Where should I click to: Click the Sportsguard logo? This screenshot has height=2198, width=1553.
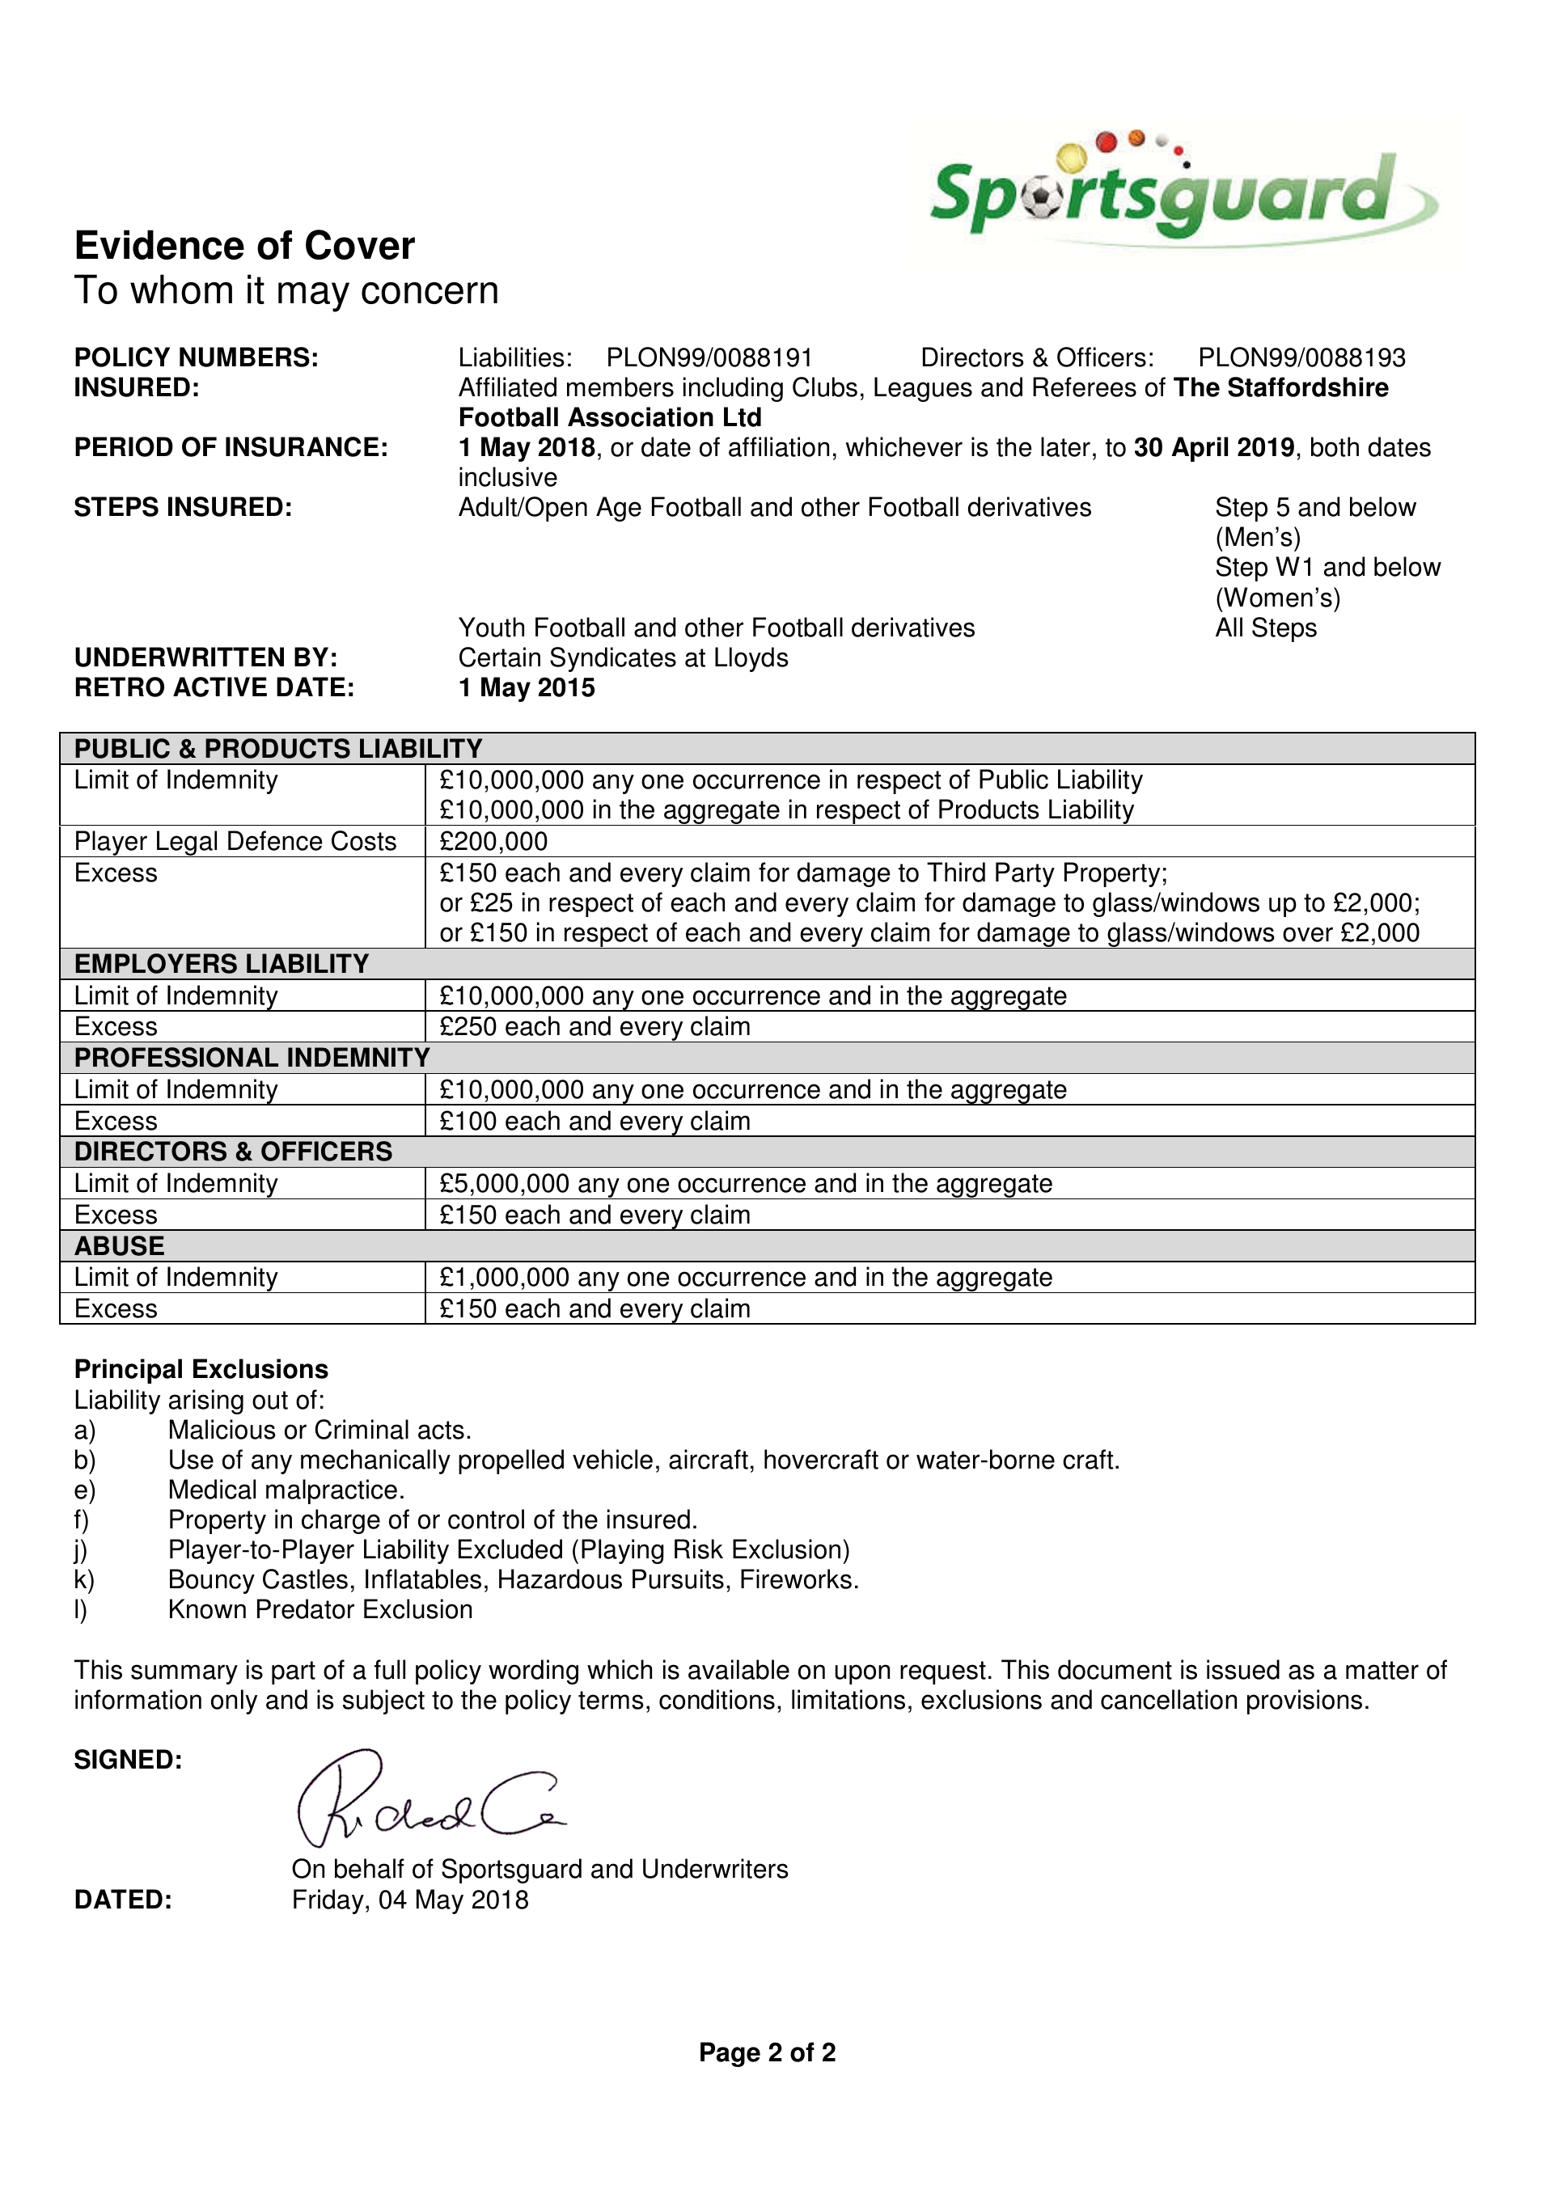[x=1182, y=192]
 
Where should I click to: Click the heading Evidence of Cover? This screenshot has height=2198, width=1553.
[x=244, y=246]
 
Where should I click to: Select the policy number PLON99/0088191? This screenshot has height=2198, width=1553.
[x=709, y=358]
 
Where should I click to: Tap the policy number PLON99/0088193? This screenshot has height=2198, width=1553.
[x=1301, y=358]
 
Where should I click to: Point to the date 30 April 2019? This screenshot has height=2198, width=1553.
[x=1213, y=448]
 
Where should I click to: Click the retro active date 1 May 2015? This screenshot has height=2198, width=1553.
[x=527, y=688]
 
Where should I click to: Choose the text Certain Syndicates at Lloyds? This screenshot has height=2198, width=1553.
[x=624, y=658]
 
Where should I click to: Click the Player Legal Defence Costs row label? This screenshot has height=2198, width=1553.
[x=235, y=842]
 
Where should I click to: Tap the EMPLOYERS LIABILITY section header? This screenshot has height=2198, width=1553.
[x=222, y=964]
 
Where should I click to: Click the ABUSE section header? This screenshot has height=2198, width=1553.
[x=120, y=1246]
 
